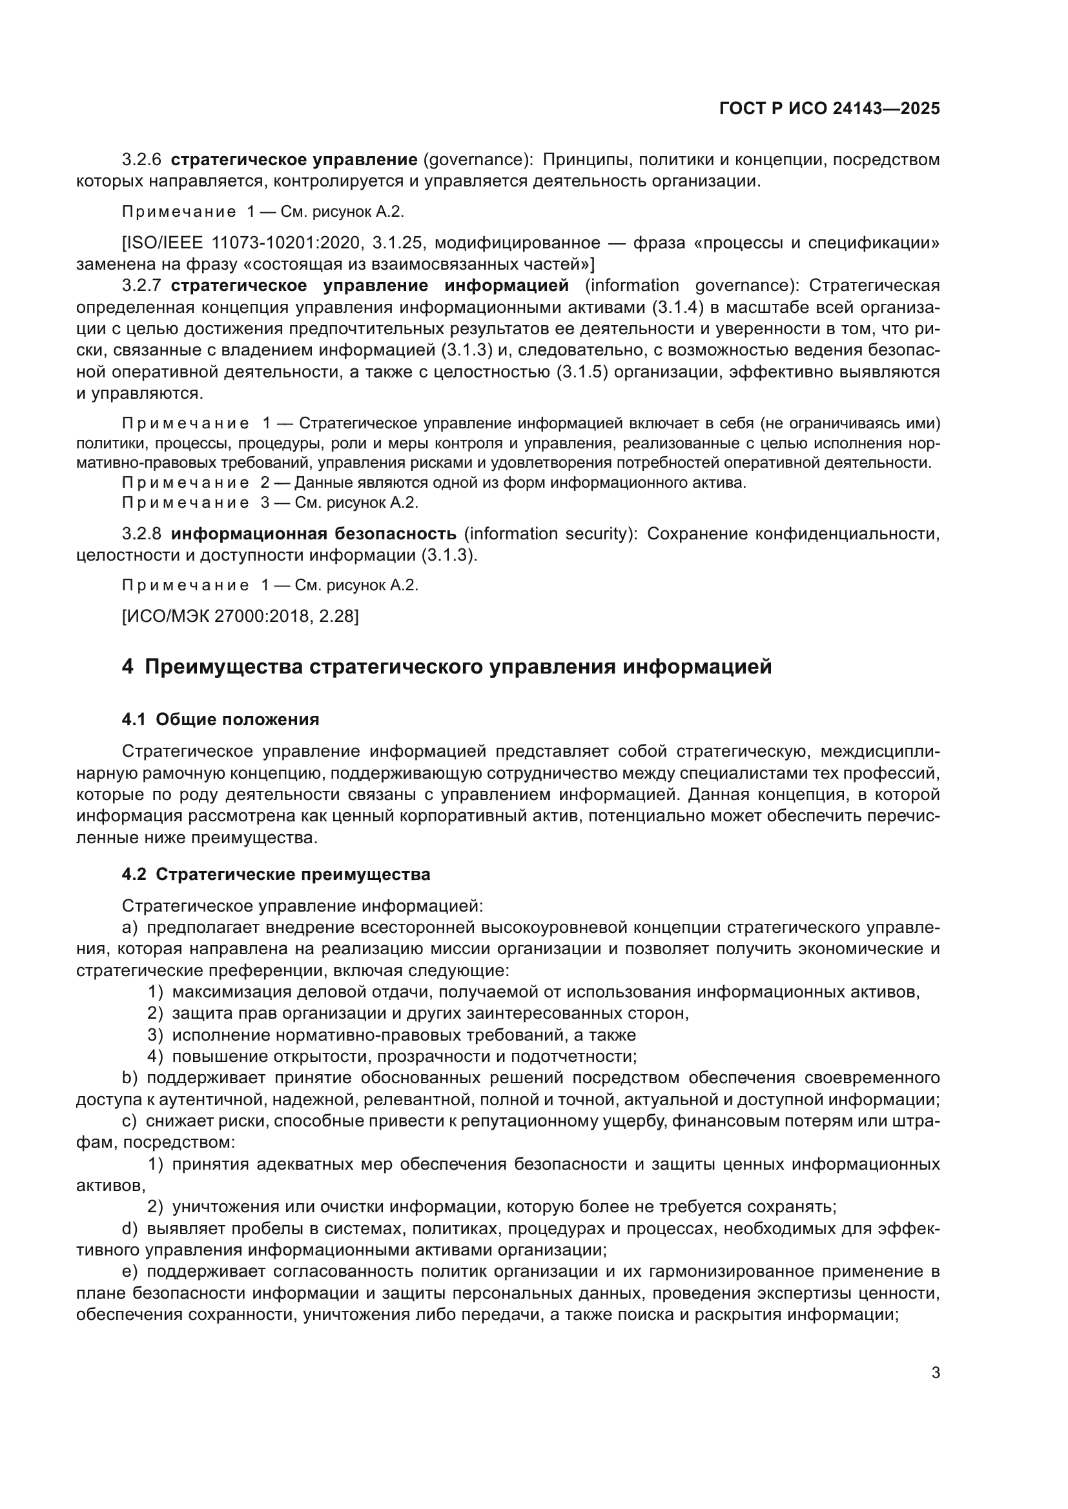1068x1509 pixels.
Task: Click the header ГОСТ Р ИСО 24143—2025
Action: pos(829,108)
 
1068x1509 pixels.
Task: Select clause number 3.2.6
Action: pos(141,160)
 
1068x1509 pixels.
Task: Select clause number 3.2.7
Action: pos(141,286)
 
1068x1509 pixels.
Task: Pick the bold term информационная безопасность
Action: pos(313,534)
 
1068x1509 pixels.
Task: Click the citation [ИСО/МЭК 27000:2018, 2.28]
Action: pos(240,617)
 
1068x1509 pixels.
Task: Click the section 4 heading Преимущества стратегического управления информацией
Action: pos(447,667)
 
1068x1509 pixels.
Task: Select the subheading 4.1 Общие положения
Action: pos(220,720)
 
